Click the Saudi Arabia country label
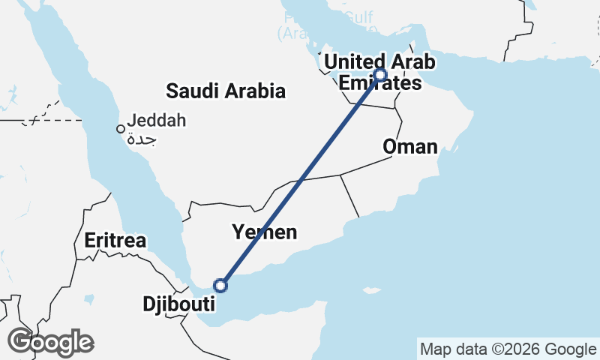[x=226, y=91]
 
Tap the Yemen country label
[x=264, y=232]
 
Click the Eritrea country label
[x=115, y=241]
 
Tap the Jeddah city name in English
[x=157, y=120]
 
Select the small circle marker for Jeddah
[x=120, y=129]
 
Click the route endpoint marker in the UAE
[x=380, y=74]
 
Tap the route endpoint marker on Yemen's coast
[x=220, y=285]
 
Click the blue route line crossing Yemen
[x=300, y=180]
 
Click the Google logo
[x=50, y=342]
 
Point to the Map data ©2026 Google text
[x=507, y=349]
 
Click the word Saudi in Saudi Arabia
[x=187, y=91]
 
